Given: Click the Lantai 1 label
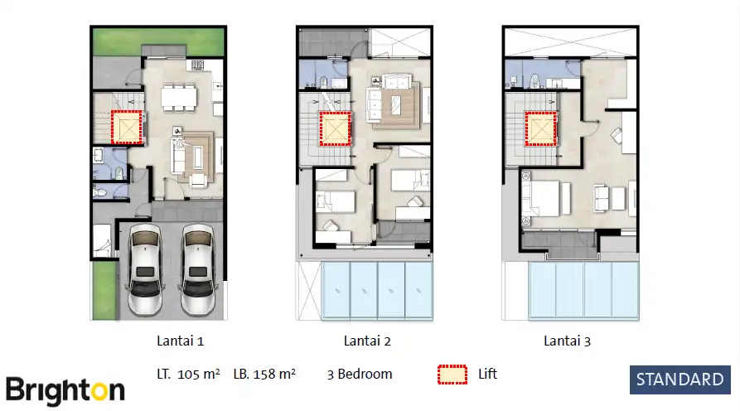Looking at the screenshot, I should click(x=180, y=341).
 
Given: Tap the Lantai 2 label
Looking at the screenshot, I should click(x=367, y=341).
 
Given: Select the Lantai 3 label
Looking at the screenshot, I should click(x=567, y=341).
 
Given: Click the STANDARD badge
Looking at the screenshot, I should click(x=680, y=380).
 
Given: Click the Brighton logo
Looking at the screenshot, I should click(x=65, y=389).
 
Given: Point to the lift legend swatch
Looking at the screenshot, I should click(x=452, y=375).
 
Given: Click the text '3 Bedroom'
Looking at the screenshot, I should click(x=360, y=375).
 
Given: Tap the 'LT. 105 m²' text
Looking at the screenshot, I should click(x=188, y=375).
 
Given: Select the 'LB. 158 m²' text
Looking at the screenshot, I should click(x=264, y=375).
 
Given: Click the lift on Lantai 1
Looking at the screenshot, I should click(x=128, y=128).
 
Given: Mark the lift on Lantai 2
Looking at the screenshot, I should click(x=335, y=128).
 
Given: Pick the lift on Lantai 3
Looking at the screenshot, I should click(x=540, y=128).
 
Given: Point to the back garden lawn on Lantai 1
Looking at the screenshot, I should click(x=157, y=41).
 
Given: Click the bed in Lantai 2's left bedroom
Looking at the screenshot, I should click(x=335, y=201).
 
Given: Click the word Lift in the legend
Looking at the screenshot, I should click(x=487, y=375).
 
